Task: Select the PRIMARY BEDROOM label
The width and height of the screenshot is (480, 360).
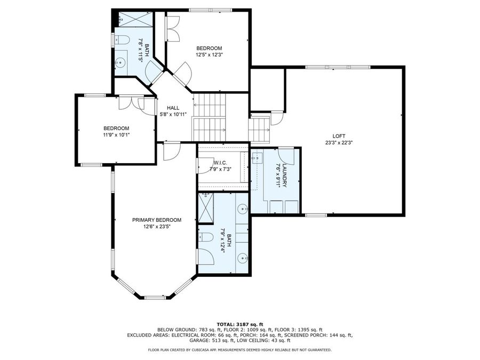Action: [157, 220]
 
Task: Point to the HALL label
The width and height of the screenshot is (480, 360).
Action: [172, 108]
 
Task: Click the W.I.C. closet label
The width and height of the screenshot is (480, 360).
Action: [221, 163]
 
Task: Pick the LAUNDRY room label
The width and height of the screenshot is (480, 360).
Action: [285, 176]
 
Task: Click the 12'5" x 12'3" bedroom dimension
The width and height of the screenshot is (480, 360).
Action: [209, 54]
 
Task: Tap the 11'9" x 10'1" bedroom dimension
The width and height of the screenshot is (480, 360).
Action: [116, 135]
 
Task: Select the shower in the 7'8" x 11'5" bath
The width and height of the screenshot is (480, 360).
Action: [133, 20]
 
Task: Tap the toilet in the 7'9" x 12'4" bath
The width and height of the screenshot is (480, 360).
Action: [205, 238]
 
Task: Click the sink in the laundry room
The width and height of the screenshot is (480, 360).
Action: [257, 158]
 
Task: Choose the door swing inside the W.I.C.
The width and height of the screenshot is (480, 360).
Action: [205, 168]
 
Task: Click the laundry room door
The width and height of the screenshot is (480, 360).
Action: [287, 155]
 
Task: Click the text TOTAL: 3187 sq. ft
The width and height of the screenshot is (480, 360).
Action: [239, 324]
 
